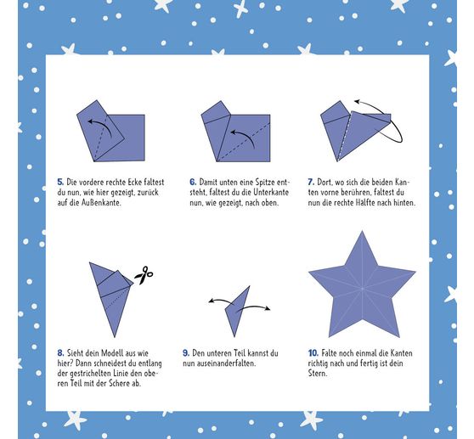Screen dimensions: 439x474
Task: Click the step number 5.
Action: (60, 182)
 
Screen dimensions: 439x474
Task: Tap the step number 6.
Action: (193, 182)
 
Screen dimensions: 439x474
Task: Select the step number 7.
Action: (311, 182)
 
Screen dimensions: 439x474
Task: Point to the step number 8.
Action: (60, 352)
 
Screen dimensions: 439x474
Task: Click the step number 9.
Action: (185, 352)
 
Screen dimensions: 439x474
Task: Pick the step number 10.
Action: (313, 352)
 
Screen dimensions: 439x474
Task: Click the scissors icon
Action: (144, 273)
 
